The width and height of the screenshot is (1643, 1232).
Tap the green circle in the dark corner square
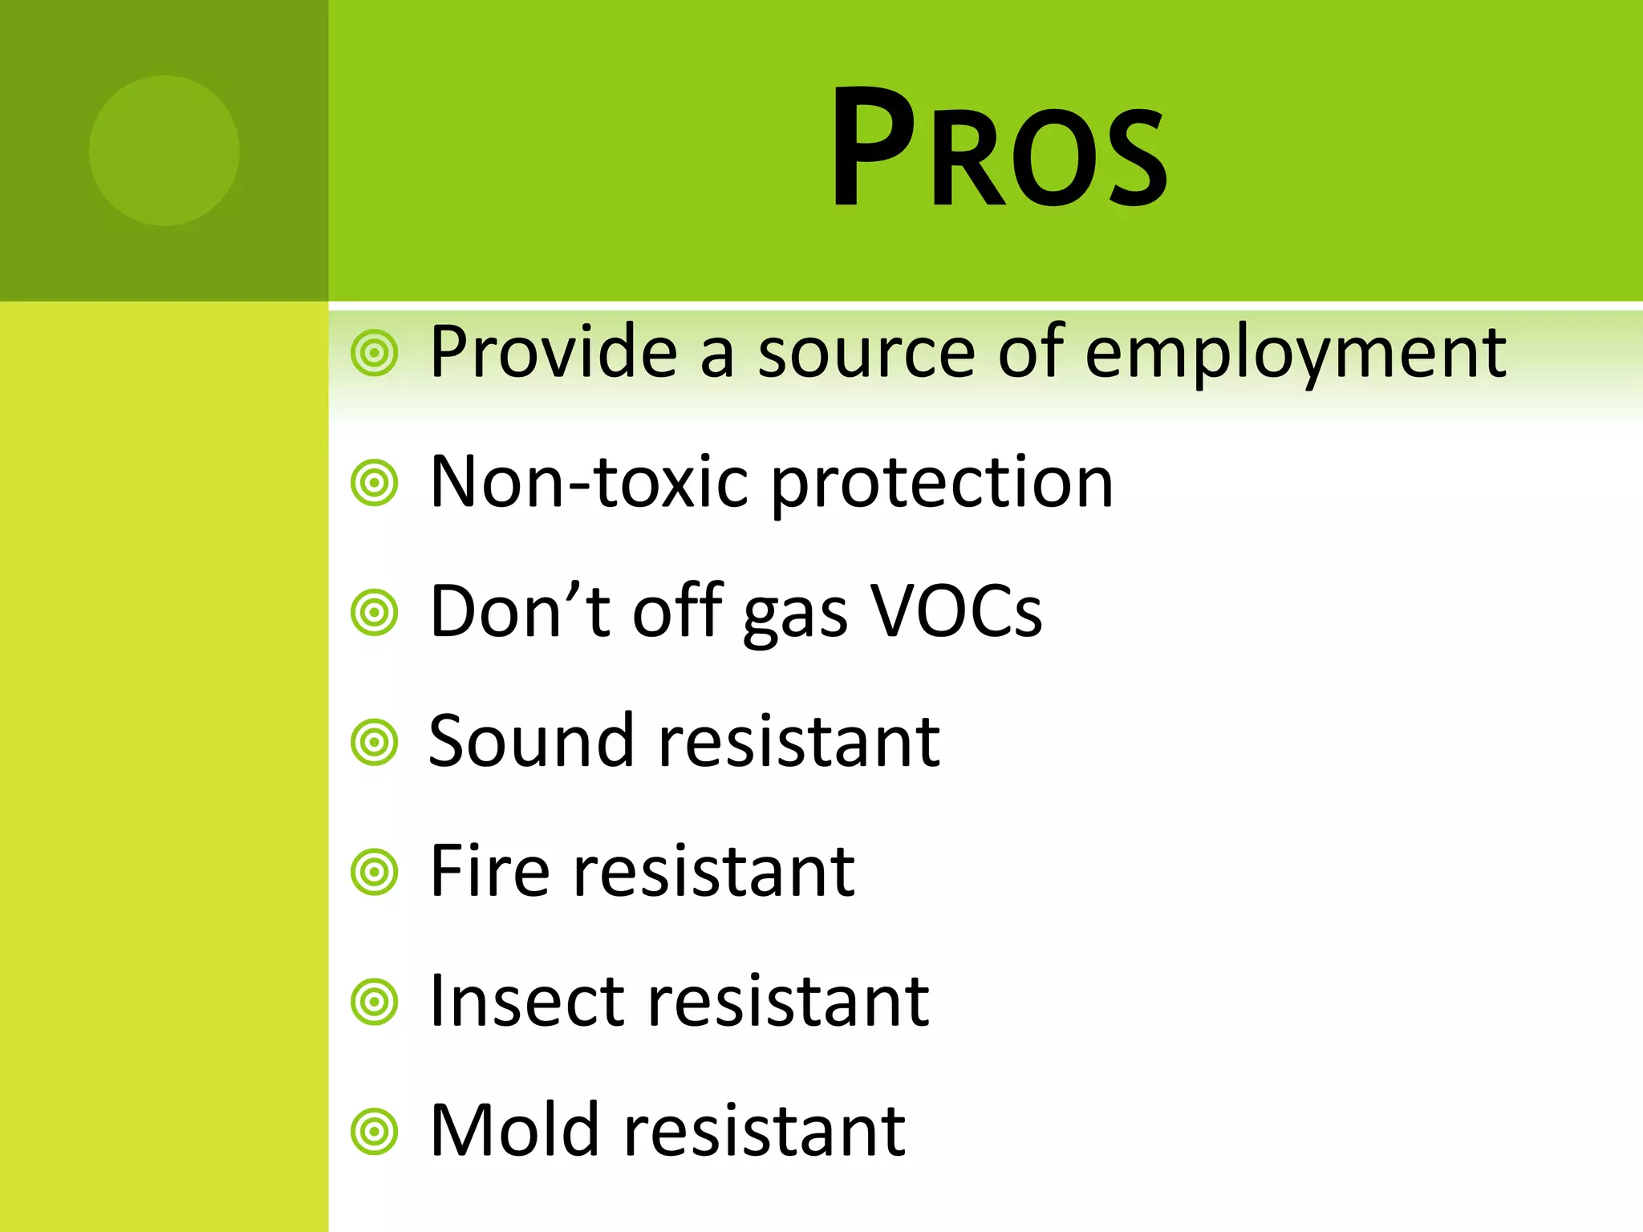(x=164, y=151)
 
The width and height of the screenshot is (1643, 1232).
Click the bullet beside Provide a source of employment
(x=375, y=352)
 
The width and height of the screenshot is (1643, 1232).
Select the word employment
(x=1295, y=353)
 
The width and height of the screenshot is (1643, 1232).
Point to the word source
(x=866, y=355)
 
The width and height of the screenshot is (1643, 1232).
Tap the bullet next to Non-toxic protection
(x=375, y=483)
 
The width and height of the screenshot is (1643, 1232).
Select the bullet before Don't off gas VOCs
(x=375, y=613)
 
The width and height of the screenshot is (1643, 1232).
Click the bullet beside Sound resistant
(x=375, y=743)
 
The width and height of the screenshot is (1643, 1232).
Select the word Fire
(x=490, y=871)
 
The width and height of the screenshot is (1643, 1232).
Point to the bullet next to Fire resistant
(x=375, y=873)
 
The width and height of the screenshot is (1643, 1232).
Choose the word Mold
(x=515, y=1131)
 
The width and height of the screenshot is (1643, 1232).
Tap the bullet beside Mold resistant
(x=375, y=1132)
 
